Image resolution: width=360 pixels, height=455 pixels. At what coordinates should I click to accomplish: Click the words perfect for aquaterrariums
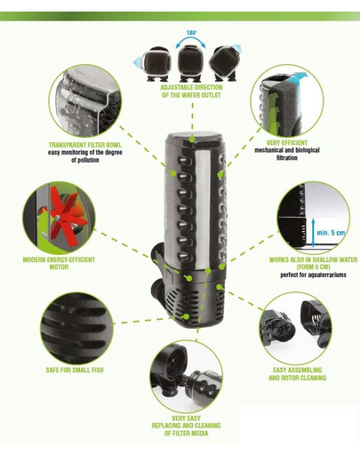pos(306,275)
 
